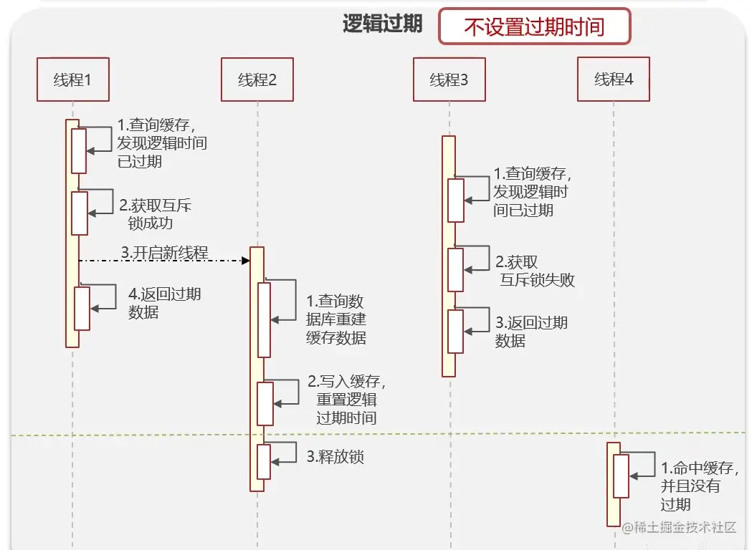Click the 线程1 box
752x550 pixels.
(72, 79)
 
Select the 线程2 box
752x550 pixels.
(257, 79)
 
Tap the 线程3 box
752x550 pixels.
(449, 79)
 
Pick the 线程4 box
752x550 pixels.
(614, 79)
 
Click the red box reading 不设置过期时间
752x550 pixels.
(534, 27)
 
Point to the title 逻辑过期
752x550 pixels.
(382, 24)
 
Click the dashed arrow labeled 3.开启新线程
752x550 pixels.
(164, 261)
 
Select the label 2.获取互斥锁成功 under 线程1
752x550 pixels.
(156, 214)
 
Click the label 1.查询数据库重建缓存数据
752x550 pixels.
(335, 319)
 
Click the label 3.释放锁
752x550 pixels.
(335, 457)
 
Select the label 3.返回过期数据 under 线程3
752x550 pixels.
(530, 332)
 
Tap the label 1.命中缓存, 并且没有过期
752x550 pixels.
(699, 486)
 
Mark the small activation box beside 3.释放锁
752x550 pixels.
(264, 462)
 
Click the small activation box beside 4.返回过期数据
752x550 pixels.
(82, 309)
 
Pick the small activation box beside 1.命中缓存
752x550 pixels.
(620, 476)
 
